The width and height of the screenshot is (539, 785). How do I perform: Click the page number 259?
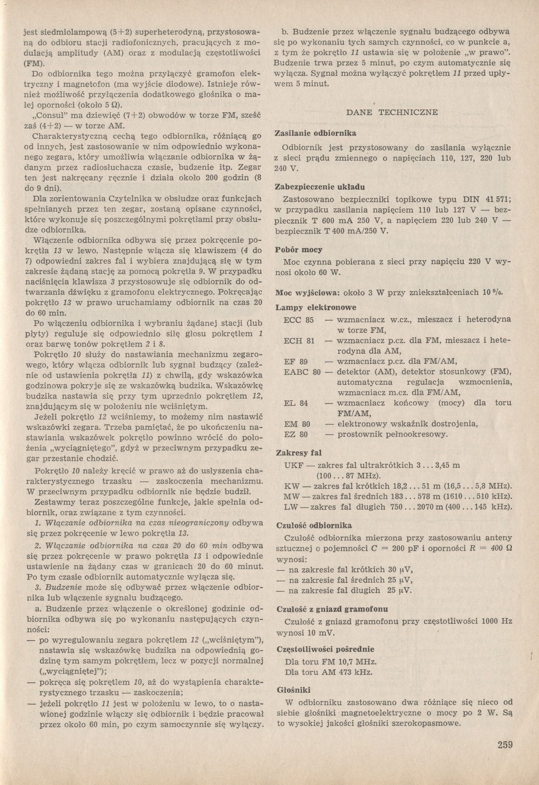click(x=504, y=744)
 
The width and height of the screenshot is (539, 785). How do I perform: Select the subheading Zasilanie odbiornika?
click(x=316, y=134)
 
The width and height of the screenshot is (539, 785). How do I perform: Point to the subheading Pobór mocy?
click(x=299, y=250)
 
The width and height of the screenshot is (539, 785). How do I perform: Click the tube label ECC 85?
click(x=298, y=320)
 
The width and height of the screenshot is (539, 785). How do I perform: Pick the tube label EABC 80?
click(x=303, y=372)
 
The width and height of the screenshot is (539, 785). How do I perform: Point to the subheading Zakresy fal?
click(x=299, y=453)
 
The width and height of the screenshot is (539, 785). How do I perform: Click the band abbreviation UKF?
click(x=292, y=465)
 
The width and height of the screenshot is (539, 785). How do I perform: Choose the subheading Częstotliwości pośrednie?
click(x=318, y=649)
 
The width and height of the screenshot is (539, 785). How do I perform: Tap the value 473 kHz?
click(x=356, y=673)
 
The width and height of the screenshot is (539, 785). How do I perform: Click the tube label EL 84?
click(x=296, y=403)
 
